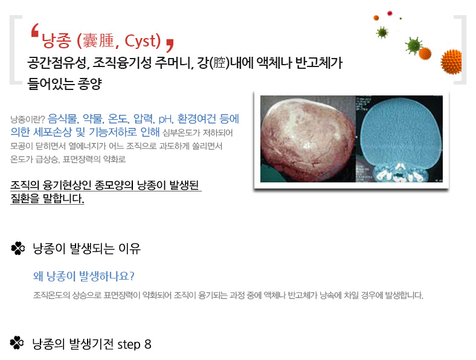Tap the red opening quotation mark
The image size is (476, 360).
click(35, 30)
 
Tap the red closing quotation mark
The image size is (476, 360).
click(170, 45)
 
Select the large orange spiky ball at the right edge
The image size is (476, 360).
click(451, 62)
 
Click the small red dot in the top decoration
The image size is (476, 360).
click(390, 13)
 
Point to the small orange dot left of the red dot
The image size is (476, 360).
click(376, 18)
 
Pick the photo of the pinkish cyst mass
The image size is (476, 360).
click(308, 139)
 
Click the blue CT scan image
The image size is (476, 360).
click(399, 139)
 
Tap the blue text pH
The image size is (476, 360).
click(166, 118)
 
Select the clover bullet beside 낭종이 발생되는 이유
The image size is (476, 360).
click(18, 248)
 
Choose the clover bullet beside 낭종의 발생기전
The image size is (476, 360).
click(17, 343)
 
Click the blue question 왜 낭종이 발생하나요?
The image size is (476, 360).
click(84, 276)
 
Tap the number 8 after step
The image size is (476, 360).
click(148, 344)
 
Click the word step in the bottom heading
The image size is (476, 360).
click(129, 345)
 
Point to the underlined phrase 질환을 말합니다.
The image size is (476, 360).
click(47, 199)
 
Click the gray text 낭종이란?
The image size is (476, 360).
click(28, 119)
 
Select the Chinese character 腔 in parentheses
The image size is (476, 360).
click(219, 63)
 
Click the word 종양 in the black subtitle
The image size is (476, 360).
click(90, 83)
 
